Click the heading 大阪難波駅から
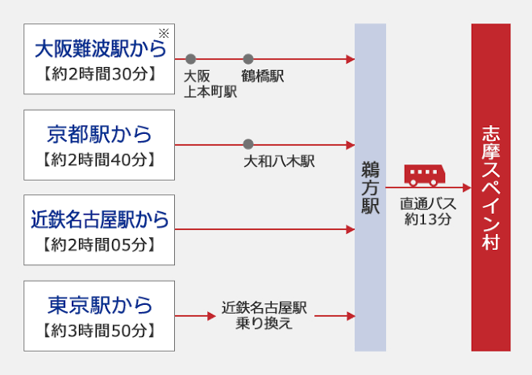(100, 49)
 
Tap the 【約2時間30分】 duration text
(100, 77)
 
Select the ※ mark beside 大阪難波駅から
(164, 32)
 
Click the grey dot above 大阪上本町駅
(190, 59)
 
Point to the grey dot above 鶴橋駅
(248, 59)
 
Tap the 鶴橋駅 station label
(263, 76)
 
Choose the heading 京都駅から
(100, 134)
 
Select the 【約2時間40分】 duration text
(100, 160)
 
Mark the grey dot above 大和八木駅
(248, 144)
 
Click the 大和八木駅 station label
(279, 161)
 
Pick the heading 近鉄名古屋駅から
(100, 219)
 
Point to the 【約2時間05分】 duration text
(100, 244)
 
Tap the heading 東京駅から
(100, 304)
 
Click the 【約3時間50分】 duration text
(100, 330)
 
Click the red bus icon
(424, 174)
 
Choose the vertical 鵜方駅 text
(370, 187)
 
